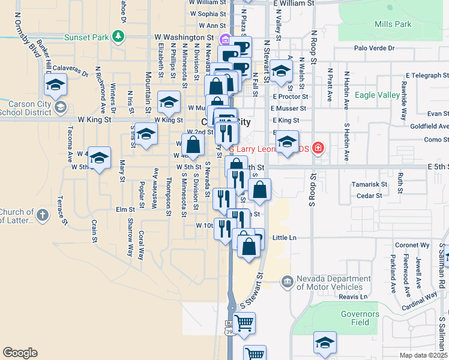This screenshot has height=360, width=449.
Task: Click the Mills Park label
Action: (393, 25)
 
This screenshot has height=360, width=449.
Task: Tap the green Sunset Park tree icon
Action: (119, 37)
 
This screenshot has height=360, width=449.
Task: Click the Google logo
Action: (20, 353)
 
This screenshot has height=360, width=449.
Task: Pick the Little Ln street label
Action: (285, 238)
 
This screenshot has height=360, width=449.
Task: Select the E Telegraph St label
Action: (426, 76)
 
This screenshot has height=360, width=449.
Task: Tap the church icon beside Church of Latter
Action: (43, 214)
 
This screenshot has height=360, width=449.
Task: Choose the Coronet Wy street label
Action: (412, 245)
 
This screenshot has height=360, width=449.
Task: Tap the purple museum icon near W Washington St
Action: (224, 41)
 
